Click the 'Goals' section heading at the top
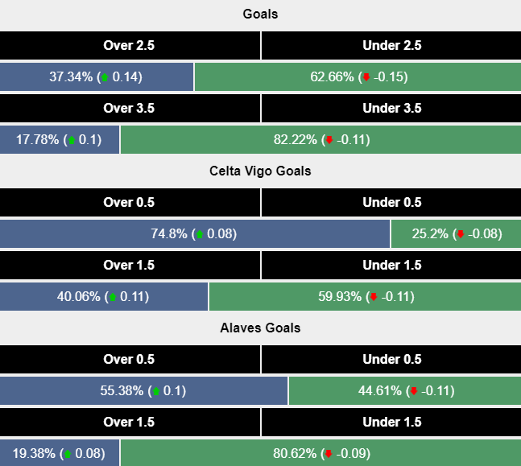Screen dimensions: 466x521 click(x=260, y=14)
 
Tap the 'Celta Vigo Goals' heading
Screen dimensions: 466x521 click(x=260, y=171)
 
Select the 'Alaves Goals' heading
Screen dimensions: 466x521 click(x=260, y=328)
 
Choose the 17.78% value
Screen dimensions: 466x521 click(x=38, y=139)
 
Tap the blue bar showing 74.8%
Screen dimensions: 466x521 click(x=195, y=234)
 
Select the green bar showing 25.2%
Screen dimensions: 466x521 click(x=455, y=234)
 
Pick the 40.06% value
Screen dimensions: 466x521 click(x=79, y=296)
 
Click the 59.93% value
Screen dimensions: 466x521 click(x=341, y=296)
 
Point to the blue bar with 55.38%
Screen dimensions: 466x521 click(x=143, y=391)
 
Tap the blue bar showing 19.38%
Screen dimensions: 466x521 click(x=60, y=453)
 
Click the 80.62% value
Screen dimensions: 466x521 click(x=296, y=453)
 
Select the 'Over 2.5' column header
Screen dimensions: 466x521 click(x=129, y=46)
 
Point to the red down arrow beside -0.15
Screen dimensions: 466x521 click(x=366, y=78)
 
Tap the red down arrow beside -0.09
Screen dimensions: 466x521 click(x=329, y=454)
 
